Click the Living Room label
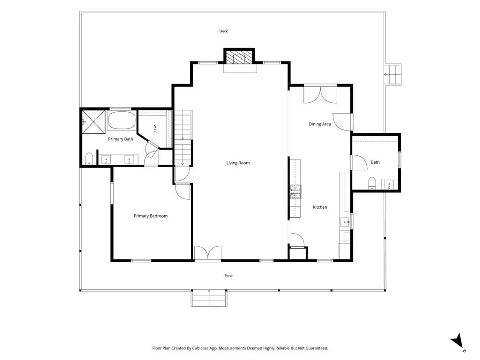[x=238, y=163]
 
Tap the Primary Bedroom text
[x=151, y=216]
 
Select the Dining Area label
[x=320, y=124]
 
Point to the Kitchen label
[x=320, y=207]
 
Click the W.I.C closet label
[x=155, y=129]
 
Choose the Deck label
[x=223, y=31]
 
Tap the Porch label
[x=229, y=276]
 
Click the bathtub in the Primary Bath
[x=122, y=120]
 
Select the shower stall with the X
[x=94, y=122]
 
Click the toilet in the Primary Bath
[x=89, y=158]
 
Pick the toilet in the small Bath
[x=372, y=183]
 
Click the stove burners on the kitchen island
[x=295, y=192]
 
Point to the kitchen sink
[x=345, y=222]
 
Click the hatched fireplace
[x=239, y=57]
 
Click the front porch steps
[x=209, y=298]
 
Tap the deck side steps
[x=393, y=75]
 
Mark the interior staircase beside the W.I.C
[x=183, y=138]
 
